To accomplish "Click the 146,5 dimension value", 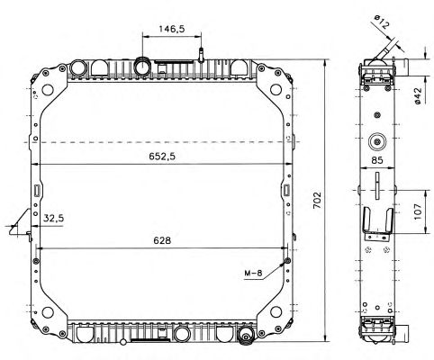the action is (x=172, y=29).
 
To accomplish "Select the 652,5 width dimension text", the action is (x=162, y=157).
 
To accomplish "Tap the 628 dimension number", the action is (x=162, y=240).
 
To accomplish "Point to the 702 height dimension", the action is (x=317, y=200).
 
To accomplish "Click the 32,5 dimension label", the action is (x=53, y=218).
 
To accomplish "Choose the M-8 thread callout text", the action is (x=253, y=274).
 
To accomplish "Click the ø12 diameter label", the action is (x=381, y=22).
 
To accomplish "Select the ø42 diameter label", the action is (x=418, y=96).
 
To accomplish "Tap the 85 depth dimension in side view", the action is (x=377, y=160).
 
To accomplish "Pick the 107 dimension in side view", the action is (x=418, y=211).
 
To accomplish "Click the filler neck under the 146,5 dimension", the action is (x=142, y=67).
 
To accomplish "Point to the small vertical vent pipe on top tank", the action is (x=201, y=55).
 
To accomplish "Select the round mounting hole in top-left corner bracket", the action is (x=48, y=89).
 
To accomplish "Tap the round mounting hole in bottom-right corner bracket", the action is (x=276, y=311).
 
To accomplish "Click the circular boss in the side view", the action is (x=377, y=141).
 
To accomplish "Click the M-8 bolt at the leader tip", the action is (x=287, y=260).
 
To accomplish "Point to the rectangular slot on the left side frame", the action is (x=37, y=191).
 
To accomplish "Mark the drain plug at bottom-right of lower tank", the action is (x=246, y=335).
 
